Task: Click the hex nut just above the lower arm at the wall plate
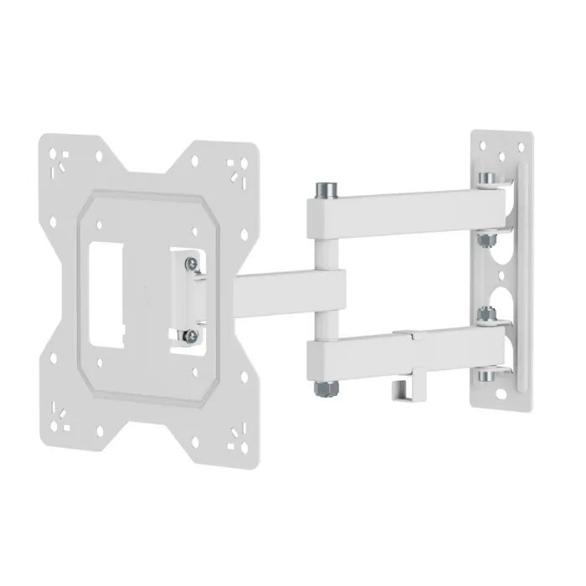pos(485,317)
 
